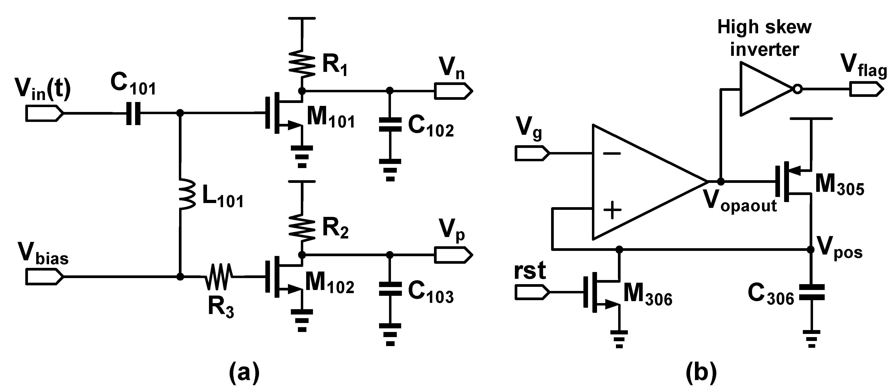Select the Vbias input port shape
click(44, 277)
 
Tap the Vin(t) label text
click(43, 89)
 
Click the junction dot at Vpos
click(811, 249)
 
